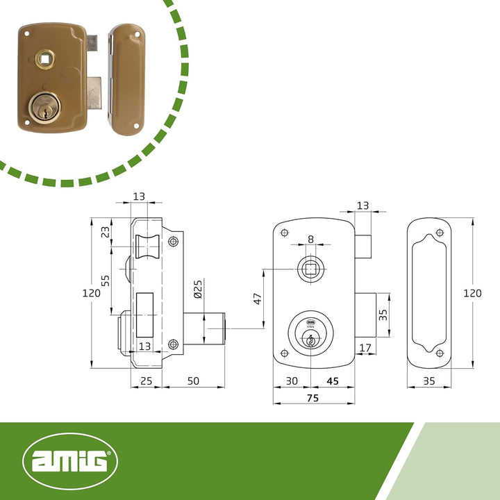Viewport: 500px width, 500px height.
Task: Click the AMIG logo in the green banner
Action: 70,461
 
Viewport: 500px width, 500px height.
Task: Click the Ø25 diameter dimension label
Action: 198,289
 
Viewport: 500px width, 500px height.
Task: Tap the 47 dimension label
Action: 258,299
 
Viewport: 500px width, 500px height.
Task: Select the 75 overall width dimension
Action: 312,398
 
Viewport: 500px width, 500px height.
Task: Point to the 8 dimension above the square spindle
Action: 310,239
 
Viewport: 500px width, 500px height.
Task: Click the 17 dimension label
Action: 365,348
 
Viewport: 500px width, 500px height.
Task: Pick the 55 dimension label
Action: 105,281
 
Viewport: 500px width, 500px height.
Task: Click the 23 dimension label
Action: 105,232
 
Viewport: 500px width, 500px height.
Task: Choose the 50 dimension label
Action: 193,381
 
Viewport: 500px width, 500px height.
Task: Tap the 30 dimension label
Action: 292,381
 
